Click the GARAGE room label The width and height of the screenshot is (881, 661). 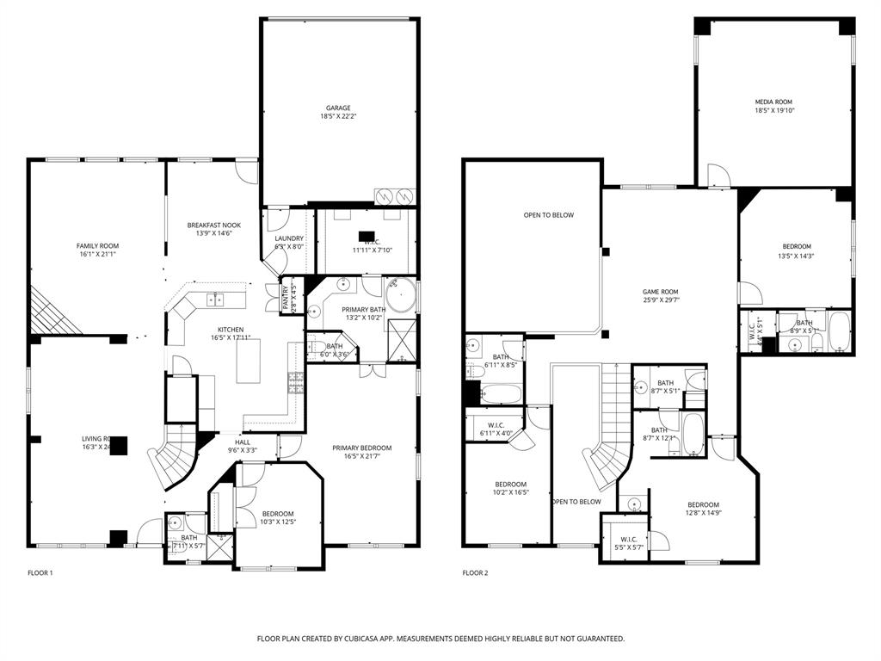point(337,108)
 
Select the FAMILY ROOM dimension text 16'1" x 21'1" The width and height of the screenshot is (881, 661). point(96,255)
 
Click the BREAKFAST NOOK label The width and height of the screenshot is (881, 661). point(214,225)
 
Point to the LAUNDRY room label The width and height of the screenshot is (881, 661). point(288,238)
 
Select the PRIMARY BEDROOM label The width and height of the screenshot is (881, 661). point(361,448)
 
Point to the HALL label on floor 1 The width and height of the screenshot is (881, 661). point(243,442)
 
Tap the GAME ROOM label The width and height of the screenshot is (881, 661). point(661,292)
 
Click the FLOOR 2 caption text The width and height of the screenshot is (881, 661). point(475,573)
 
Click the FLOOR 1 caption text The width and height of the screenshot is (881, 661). point(40,573)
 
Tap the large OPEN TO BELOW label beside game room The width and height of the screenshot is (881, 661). point(548,215)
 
